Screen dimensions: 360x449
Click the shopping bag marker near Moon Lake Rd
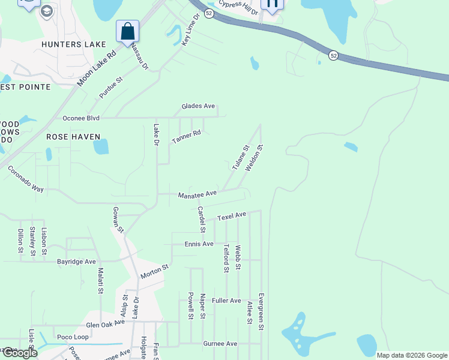point(127,31)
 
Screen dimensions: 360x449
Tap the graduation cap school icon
point(47,11)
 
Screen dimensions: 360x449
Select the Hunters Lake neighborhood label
point(74,44)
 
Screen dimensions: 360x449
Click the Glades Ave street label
point(198,106)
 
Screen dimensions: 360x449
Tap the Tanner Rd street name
point(186,137)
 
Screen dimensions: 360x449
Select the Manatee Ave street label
point(197,194)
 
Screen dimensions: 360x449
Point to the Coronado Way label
point(26,179)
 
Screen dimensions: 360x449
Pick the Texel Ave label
point(232,216)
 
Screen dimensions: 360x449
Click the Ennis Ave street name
point(199,244)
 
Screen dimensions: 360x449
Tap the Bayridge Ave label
point(76,262)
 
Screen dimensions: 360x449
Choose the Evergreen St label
point(262,311)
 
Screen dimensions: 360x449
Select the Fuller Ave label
point(226,301)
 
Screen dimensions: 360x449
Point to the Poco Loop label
point(73,337)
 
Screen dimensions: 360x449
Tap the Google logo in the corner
point(19,353)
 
